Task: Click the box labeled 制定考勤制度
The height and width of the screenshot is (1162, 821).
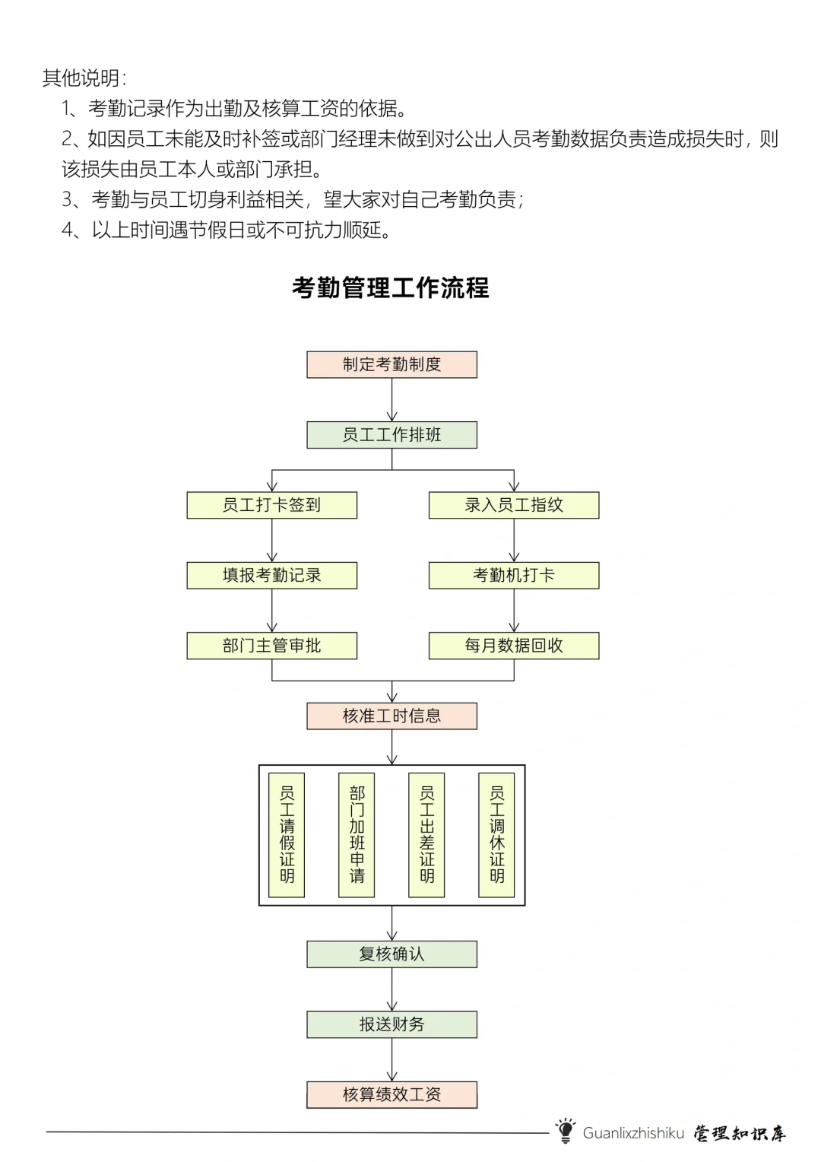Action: tap(391, 364)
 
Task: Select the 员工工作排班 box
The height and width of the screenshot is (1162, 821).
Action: tap(391, 435)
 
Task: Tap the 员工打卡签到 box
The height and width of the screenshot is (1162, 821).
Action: tap(271, 505)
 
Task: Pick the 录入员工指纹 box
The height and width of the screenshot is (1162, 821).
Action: tap(514, 505)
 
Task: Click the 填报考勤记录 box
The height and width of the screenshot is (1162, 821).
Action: tap(271, 576)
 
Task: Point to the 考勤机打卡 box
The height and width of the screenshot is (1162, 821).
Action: tap(514, 576)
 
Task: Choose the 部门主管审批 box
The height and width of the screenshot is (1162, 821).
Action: tap(271, 646)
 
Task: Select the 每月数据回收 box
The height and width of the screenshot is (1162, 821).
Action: tap(514, 646)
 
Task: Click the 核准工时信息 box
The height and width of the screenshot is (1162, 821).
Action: tap(391, 716)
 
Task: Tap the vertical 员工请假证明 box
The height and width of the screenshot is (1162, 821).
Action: tap(287, 835)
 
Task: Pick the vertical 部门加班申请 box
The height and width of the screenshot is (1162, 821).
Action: tap(357, 835)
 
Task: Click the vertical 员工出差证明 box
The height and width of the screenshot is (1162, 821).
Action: tap(426, 835)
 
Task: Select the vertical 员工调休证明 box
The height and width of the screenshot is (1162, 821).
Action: tap(496, 835)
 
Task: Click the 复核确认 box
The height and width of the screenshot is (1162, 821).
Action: tap(391, 954)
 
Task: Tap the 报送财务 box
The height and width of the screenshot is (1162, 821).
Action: tap(391, 1024)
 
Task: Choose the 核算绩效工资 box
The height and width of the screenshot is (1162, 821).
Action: tap(391, 1094)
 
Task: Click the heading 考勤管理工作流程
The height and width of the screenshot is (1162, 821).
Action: tap(391, 288)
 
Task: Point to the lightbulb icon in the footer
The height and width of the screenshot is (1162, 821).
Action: tap(565, 1131)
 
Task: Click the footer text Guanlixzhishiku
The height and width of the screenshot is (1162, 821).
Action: tap(633, 1133)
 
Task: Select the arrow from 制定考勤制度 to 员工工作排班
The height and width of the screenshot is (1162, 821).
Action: tap(392, 400)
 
